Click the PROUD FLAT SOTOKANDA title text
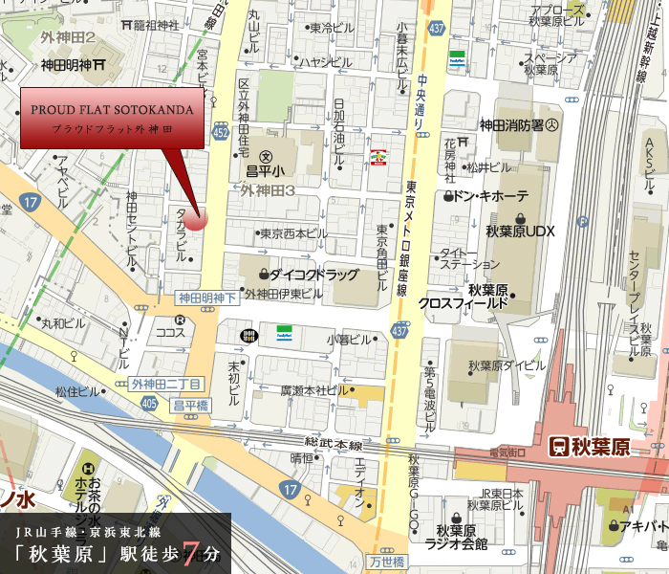(112, 110)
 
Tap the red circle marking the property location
(195, 218)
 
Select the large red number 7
(191, 554)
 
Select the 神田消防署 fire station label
(519, 124)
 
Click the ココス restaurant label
(170, 332)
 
